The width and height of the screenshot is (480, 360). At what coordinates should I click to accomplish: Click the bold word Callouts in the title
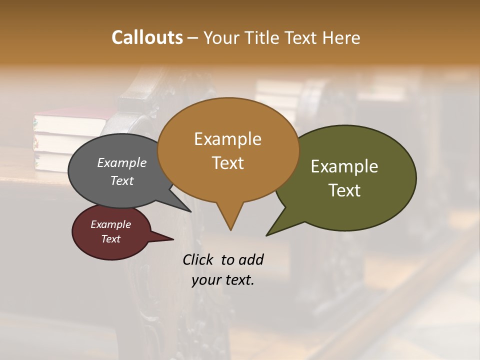147,37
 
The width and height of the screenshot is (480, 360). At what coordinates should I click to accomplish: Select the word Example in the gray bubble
122,162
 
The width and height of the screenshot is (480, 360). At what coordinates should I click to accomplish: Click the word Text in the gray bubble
122,180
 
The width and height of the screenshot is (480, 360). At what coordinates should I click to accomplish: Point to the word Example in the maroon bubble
110,224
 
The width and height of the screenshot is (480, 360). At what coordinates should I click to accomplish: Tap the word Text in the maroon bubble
110,239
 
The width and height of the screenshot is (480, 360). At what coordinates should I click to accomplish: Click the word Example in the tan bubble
227,138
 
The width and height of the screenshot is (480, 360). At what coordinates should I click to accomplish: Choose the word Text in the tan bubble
227,162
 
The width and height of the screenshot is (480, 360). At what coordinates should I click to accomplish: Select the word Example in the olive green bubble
344,166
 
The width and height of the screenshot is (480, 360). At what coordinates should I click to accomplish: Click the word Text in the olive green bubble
344,190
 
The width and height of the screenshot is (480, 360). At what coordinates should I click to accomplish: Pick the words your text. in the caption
223,280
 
